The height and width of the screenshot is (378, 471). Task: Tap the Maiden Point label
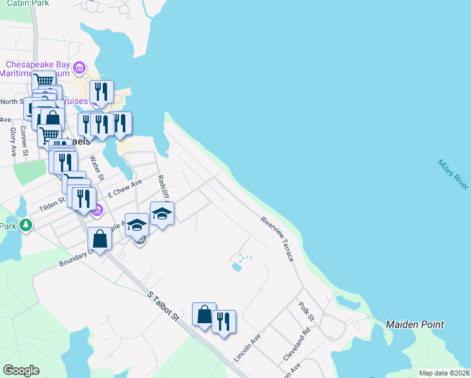(x=414, y=324)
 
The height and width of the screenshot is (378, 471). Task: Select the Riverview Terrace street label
(x=278, y=239)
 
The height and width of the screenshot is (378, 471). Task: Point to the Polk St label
(x=306, y=310)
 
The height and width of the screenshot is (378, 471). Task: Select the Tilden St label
(x=53, y=202)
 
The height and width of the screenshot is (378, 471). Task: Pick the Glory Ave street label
(x=12, y=142)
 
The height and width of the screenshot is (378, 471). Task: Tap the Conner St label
(x=23, y=140)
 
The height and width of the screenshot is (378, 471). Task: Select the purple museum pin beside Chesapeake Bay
(x=79, y=67)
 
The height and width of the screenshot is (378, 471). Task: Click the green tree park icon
(x=26, y=224)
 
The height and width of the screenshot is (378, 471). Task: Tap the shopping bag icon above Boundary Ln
(x=99, y=239)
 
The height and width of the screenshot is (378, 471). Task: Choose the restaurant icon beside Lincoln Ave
(x=224, y=322)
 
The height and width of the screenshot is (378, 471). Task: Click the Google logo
(x=21, y=370)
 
